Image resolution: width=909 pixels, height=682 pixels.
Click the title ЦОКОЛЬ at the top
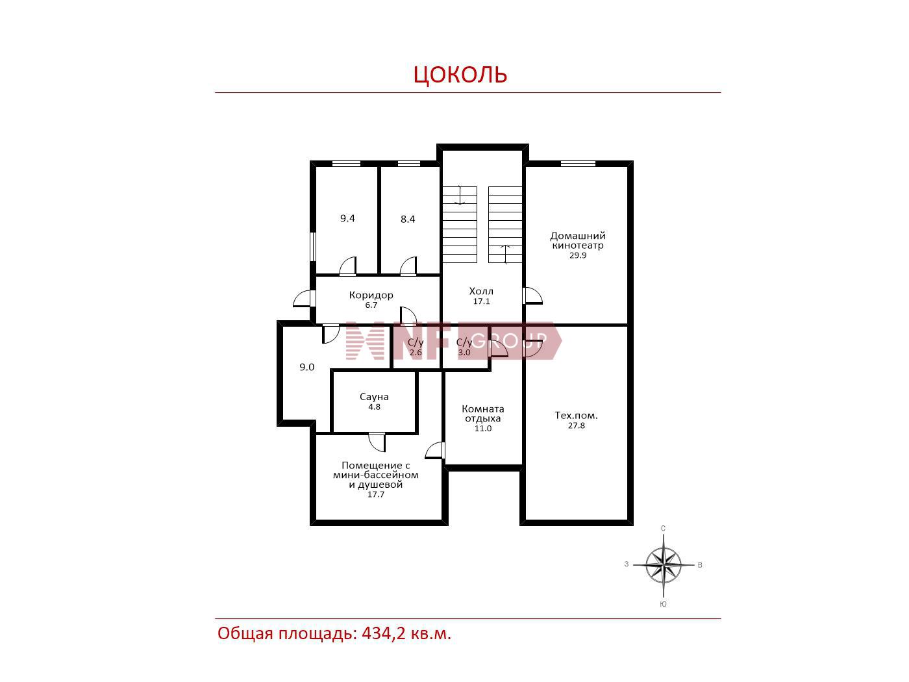(460, 75)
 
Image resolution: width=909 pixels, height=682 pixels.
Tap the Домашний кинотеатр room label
(577, 240)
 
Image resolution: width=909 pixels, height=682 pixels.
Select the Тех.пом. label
(576, 415)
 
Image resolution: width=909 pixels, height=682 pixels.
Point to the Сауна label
(374, 396)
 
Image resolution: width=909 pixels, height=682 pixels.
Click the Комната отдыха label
(483, 413)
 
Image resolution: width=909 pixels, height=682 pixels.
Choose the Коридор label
(371, 295)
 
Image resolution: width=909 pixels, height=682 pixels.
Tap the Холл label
(481, 291)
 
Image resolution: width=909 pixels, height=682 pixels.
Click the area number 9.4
(347, 218)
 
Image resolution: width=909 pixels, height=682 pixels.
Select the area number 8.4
(408, 219)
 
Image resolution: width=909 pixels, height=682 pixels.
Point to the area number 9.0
(307, 367)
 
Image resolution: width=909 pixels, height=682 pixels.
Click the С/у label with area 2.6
(416, 342)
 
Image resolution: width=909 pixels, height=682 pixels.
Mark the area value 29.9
(578, 255)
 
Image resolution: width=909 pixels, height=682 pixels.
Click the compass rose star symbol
(663, 565)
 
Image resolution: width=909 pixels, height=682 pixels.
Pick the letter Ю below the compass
(663, 604)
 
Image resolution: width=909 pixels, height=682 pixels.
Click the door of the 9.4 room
(347, 266)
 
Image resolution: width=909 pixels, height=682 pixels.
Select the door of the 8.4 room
(408, 266)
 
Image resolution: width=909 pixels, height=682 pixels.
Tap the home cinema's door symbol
(532, 296)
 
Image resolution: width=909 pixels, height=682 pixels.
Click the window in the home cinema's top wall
(578, 164)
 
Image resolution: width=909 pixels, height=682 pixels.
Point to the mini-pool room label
(375, 475)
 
